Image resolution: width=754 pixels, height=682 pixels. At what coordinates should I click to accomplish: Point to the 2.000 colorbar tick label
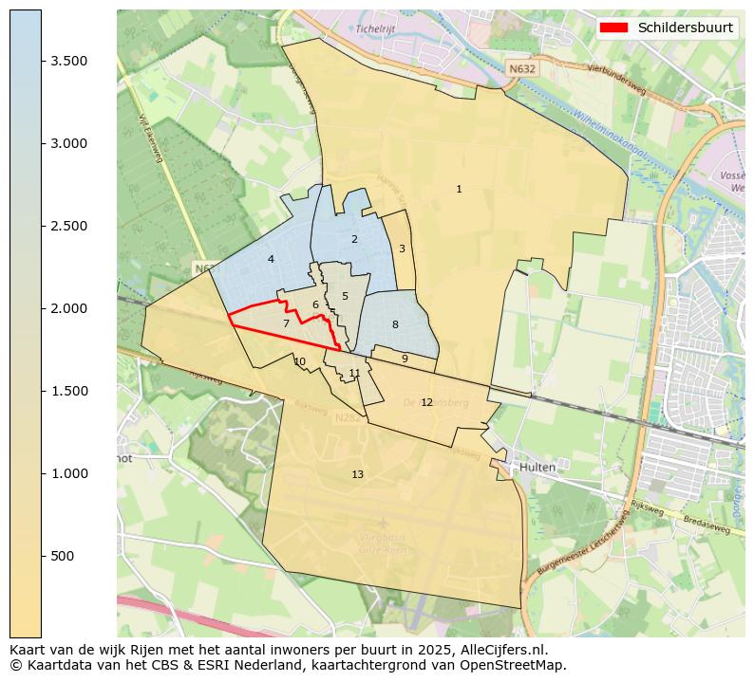click(69, 308)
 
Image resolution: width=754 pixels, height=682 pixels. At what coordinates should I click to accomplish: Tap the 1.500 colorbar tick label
click(69, 391)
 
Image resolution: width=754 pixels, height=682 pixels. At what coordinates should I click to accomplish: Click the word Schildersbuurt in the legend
click(685, 28)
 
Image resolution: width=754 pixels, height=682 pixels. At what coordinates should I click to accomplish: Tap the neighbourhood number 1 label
click(459, 190)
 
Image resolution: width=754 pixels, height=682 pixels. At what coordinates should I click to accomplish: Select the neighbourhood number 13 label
click(357, 474)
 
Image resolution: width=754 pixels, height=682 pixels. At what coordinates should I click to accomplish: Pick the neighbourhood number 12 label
click(426, 402)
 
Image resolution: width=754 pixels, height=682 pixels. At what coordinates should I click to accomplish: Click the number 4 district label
click(271, 259)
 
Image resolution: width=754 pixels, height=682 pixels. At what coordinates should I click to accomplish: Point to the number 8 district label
click(395, 324)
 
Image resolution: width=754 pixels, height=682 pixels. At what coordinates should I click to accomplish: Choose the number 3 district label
click(402, 249)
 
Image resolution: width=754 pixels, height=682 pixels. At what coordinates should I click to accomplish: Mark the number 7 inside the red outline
click(286, 324)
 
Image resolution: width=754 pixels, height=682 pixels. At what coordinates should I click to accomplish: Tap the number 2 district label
click(354, 239)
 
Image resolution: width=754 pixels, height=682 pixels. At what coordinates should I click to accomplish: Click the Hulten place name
click(537, 468)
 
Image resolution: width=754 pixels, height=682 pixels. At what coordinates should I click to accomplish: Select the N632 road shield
click(520, 69)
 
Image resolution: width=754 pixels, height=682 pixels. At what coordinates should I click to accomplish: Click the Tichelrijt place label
click(374, 28)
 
